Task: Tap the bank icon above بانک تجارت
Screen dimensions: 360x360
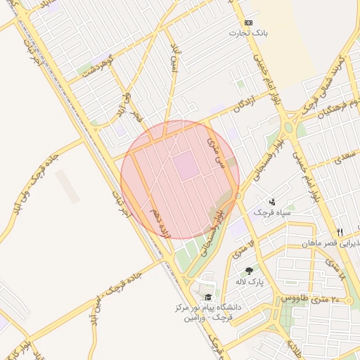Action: coord(248,22)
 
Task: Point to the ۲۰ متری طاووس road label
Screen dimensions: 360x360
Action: coord(307,298)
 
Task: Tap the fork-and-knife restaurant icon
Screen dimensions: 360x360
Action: coord(340,232)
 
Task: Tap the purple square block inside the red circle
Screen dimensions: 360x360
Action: coord(186,166)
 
